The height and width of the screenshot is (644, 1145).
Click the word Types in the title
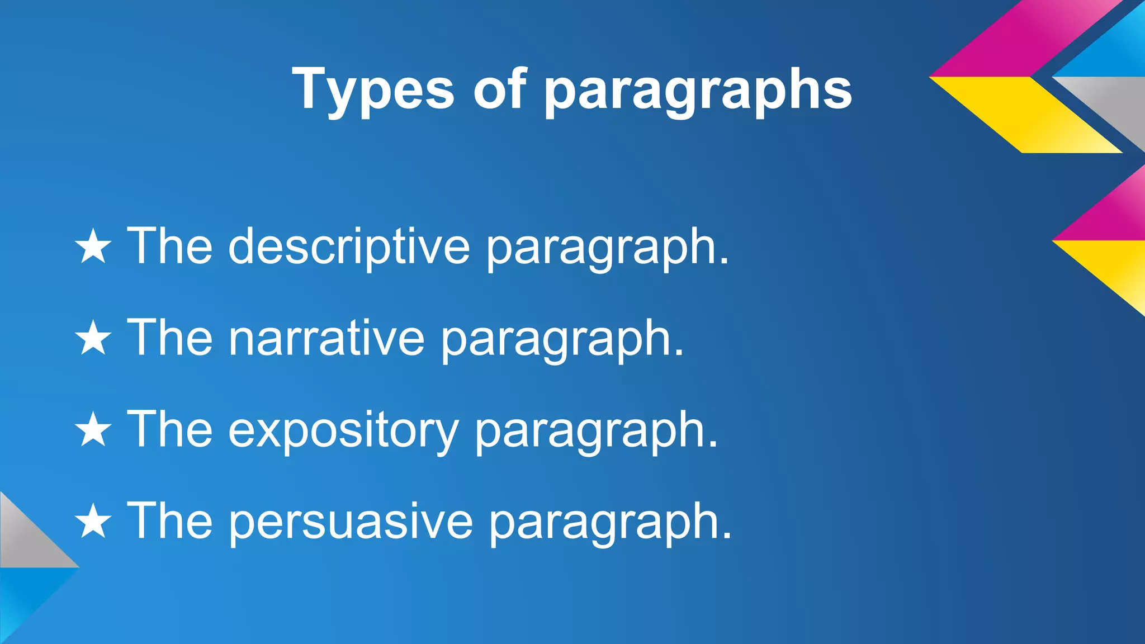[373, 89]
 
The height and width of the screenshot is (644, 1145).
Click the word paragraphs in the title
[698, 91]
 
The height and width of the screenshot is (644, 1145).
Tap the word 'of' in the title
[500, 88]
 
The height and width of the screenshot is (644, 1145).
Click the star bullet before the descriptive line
[93, 247]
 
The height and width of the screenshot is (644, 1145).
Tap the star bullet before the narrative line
[93, 338]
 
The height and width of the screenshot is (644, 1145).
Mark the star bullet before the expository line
[93, 430]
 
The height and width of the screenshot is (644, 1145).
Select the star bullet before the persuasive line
[93, 522]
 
